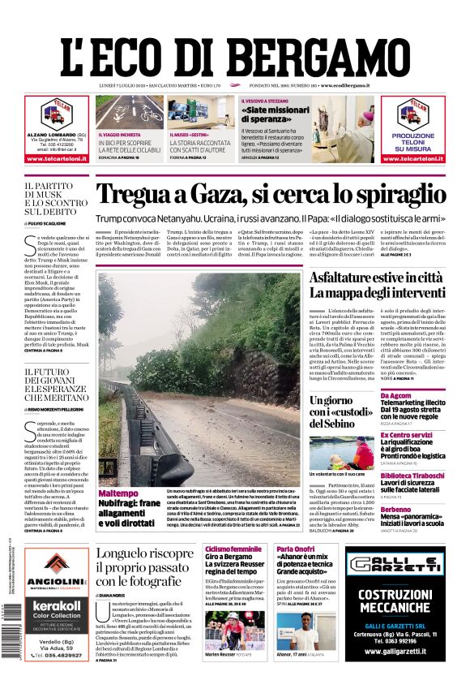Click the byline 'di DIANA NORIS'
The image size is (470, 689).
[x=117, y=596]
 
